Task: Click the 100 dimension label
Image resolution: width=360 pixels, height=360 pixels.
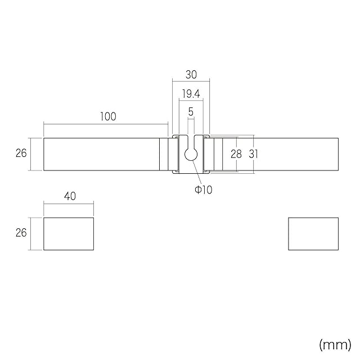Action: pos(108,116)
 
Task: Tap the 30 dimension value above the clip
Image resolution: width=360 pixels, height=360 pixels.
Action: pos(191,75)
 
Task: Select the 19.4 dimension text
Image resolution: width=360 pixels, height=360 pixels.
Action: pos(191,94)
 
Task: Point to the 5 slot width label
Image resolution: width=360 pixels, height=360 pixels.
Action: pos(191,112)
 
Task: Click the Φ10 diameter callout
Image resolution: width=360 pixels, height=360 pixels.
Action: pos(204,190)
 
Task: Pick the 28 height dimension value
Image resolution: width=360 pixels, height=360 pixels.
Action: pos(236,154)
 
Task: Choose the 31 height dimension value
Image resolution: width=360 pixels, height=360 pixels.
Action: pos(254,154)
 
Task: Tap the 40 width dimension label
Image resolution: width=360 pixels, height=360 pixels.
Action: pos(70,196)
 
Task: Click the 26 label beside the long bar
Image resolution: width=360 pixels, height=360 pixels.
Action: pos(21,153)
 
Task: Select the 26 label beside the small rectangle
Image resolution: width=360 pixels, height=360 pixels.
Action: pos(21,233)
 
